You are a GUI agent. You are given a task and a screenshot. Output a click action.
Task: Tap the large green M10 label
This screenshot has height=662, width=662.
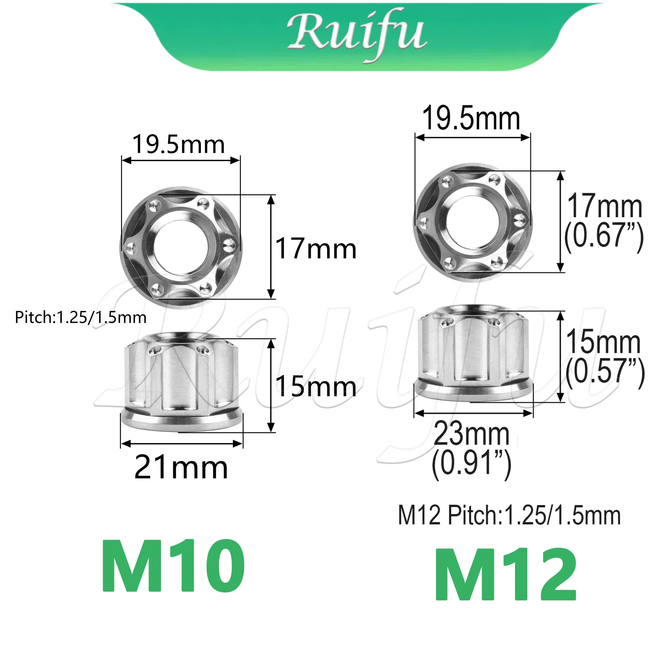pyautogui.click(x=173, y=566)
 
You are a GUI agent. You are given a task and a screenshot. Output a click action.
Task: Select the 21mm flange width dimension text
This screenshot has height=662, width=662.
pyautogui.click(x=181, y=468)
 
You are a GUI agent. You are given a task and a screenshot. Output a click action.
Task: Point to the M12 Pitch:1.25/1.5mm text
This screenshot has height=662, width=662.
pyautogui.click(x=509, y=525)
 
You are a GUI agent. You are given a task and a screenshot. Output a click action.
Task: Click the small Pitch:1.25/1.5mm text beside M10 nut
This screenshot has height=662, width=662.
pyautogui.click(x=80, y=318)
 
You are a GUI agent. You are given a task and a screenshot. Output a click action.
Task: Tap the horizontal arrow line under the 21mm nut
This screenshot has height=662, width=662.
pyautogui.click(x=182, y=444)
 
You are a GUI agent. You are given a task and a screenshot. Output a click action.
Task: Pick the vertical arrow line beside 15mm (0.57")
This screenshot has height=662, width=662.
pyautogui.click(x=561, y=356)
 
